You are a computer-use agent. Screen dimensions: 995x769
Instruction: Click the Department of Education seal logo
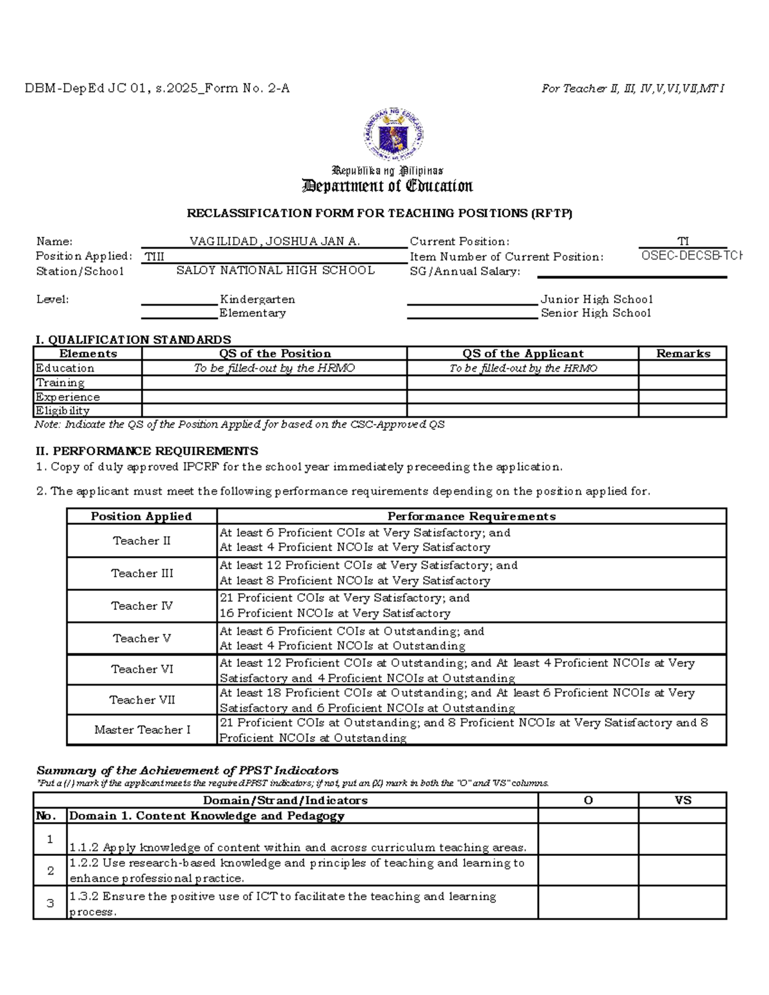(393, 134)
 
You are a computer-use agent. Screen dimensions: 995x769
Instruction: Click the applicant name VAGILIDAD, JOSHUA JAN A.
(274, 242)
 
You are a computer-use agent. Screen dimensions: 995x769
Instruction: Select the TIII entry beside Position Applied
(154, 257)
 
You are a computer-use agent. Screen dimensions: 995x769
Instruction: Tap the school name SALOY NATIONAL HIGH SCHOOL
(276, 270)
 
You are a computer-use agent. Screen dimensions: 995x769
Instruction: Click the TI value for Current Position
(683, 242)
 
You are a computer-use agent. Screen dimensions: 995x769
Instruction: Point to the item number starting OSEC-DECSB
(691, 256)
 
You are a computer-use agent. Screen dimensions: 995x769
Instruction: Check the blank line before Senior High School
(472, 314)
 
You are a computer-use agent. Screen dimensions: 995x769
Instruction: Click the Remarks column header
(682, 354)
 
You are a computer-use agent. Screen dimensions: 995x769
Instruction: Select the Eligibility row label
(63, 411)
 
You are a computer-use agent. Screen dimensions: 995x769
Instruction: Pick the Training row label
(60, 382)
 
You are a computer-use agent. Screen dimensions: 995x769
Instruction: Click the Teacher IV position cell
(142, 606)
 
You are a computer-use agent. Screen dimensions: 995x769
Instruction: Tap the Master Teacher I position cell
(142, 730)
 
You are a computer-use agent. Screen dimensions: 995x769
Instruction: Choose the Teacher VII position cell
(142, 700)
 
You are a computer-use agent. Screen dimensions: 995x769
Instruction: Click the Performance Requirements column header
(471, 516)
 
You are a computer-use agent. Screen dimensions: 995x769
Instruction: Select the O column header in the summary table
(588, 800)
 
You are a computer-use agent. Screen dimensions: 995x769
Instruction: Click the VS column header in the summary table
(682, 800)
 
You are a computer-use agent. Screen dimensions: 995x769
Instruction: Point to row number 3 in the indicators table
(50, 903)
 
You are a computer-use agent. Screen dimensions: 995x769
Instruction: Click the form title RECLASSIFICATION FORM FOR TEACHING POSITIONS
(379, 213)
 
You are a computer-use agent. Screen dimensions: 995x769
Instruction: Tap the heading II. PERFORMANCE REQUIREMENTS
(147, 451)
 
